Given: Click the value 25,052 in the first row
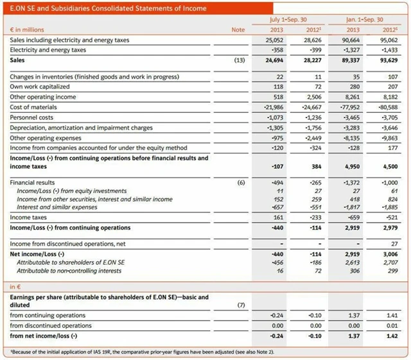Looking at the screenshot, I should (274, 40).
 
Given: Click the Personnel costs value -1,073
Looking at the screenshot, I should (275, 117).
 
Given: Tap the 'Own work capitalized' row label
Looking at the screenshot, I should (39, 87).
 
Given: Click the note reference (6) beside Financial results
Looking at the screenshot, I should (240, 183).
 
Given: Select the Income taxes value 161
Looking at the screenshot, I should (278, 218).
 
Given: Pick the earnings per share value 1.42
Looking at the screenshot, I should (391, 336).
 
